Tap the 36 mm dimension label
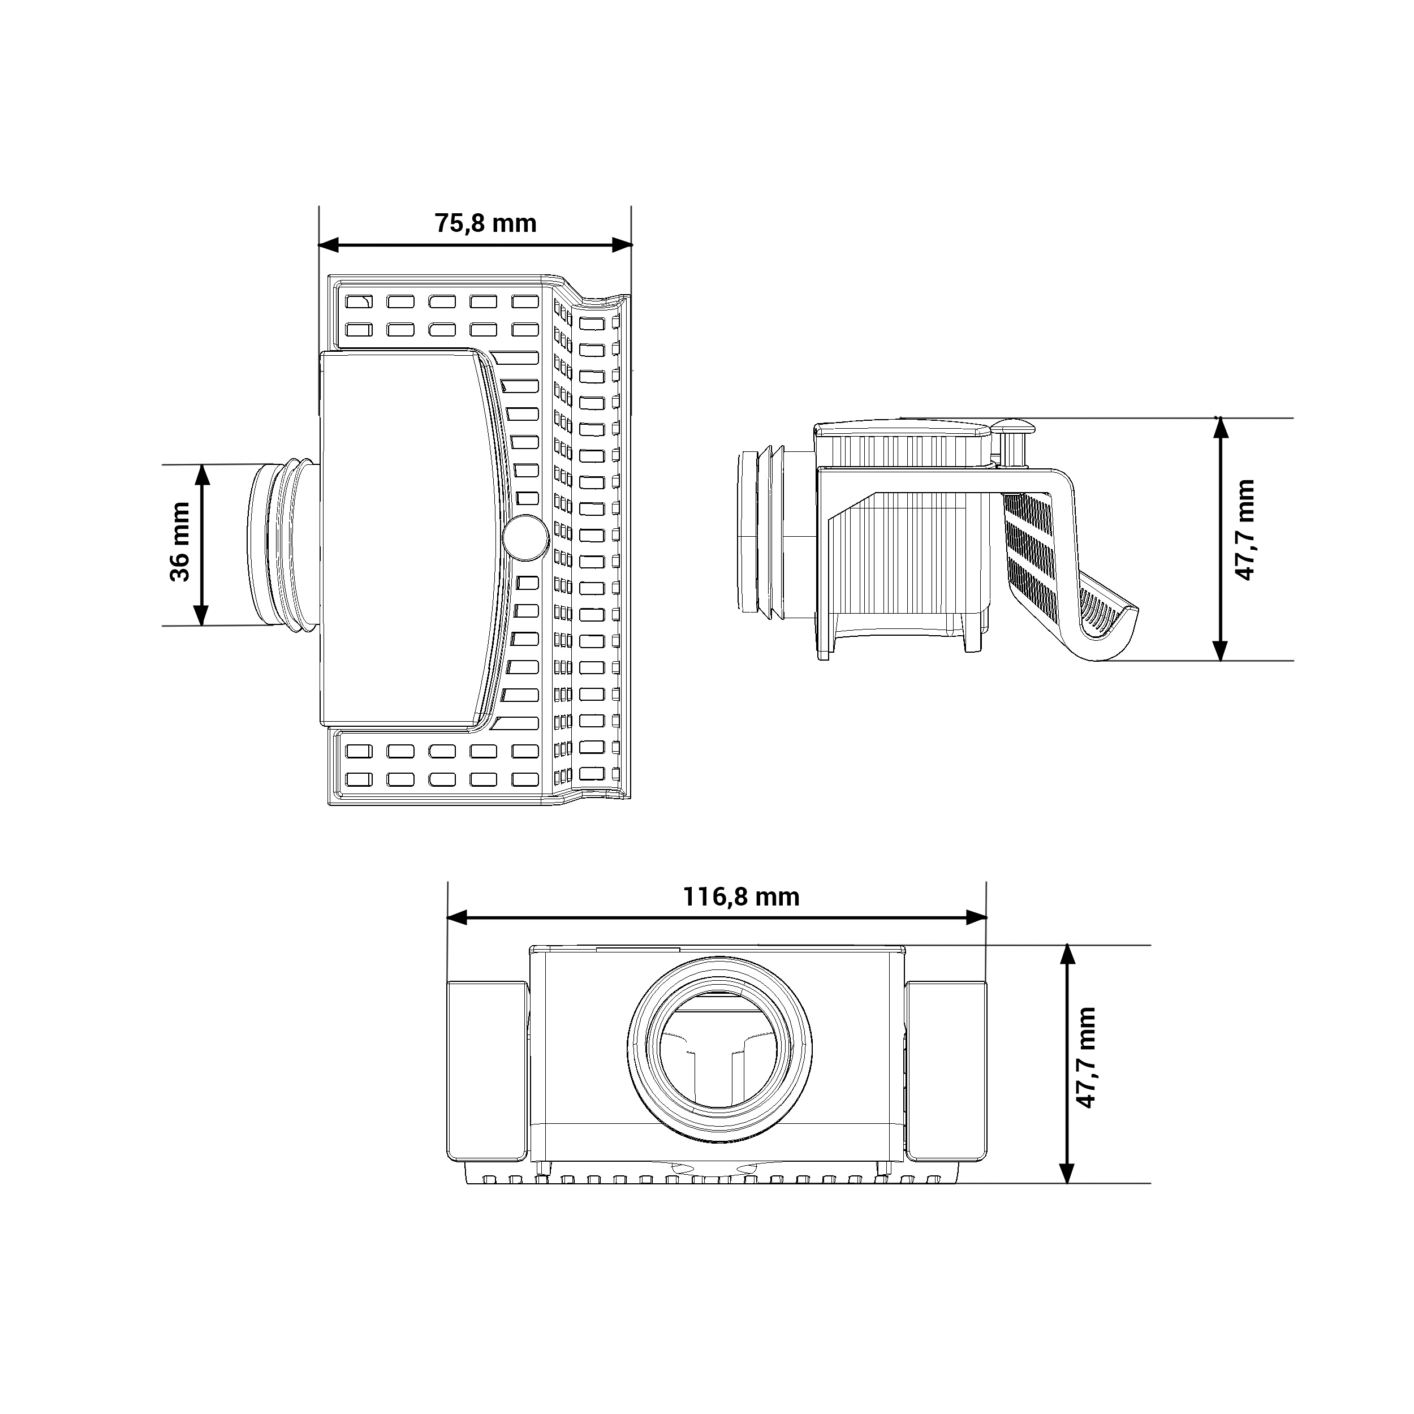[x=179, y=542]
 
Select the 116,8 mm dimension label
[x=742, y=896]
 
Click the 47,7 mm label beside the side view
[x=1244, y=530]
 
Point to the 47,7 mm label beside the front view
[x=1085, y=1068]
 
